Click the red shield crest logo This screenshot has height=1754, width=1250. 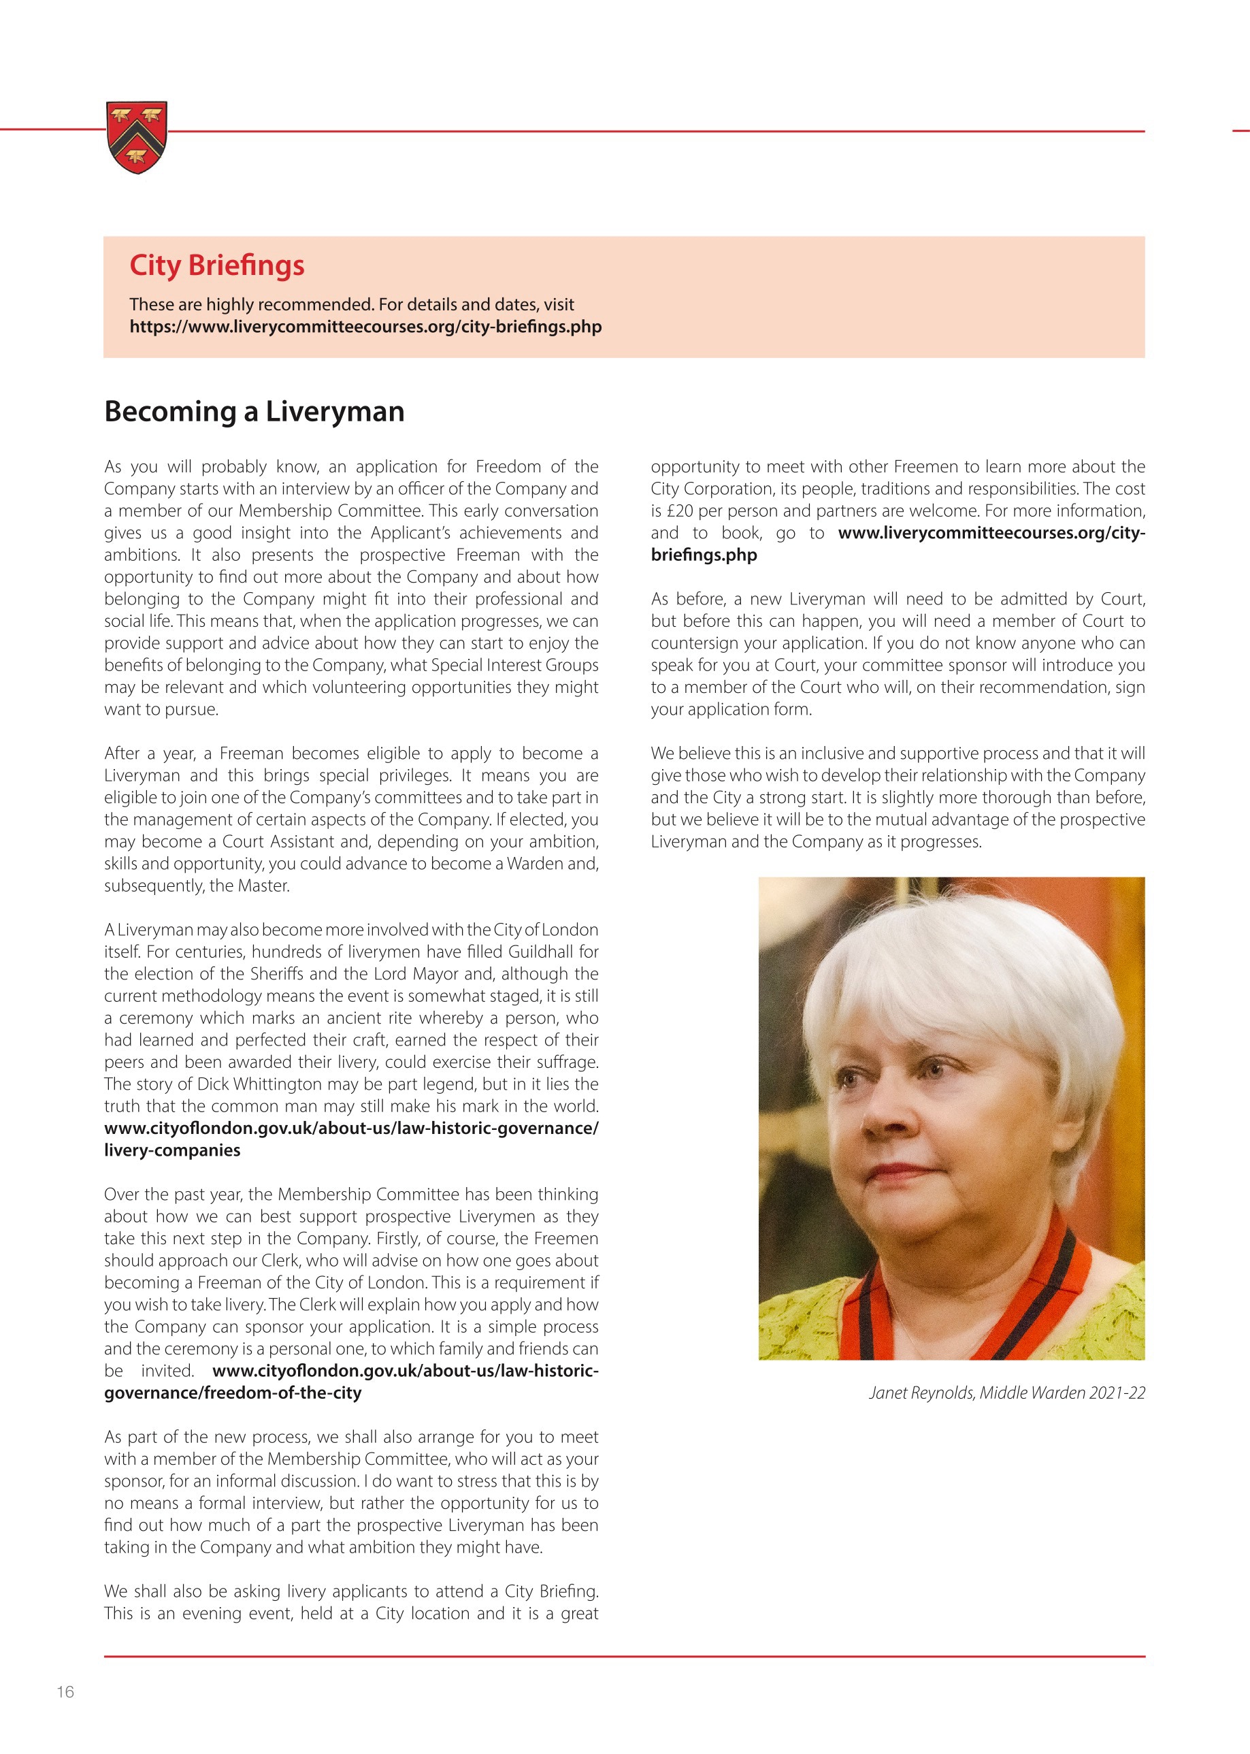[x=136, y=136]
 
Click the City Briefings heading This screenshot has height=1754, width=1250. [x=216, y=265]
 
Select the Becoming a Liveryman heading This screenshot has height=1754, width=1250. [x=254, y=411]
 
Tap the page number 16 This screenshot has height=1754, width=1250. [x=65, y=1691]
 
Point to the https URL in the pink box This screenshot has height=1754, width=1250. [x=365, y=327]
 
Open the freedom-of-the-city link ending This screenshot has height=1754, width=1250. [x=233, y=1393]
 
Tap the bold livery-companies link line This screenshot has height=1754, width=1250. [x=171, y=1150]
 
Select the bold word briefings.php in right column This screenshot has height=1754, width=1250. [x=704, y=555]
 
